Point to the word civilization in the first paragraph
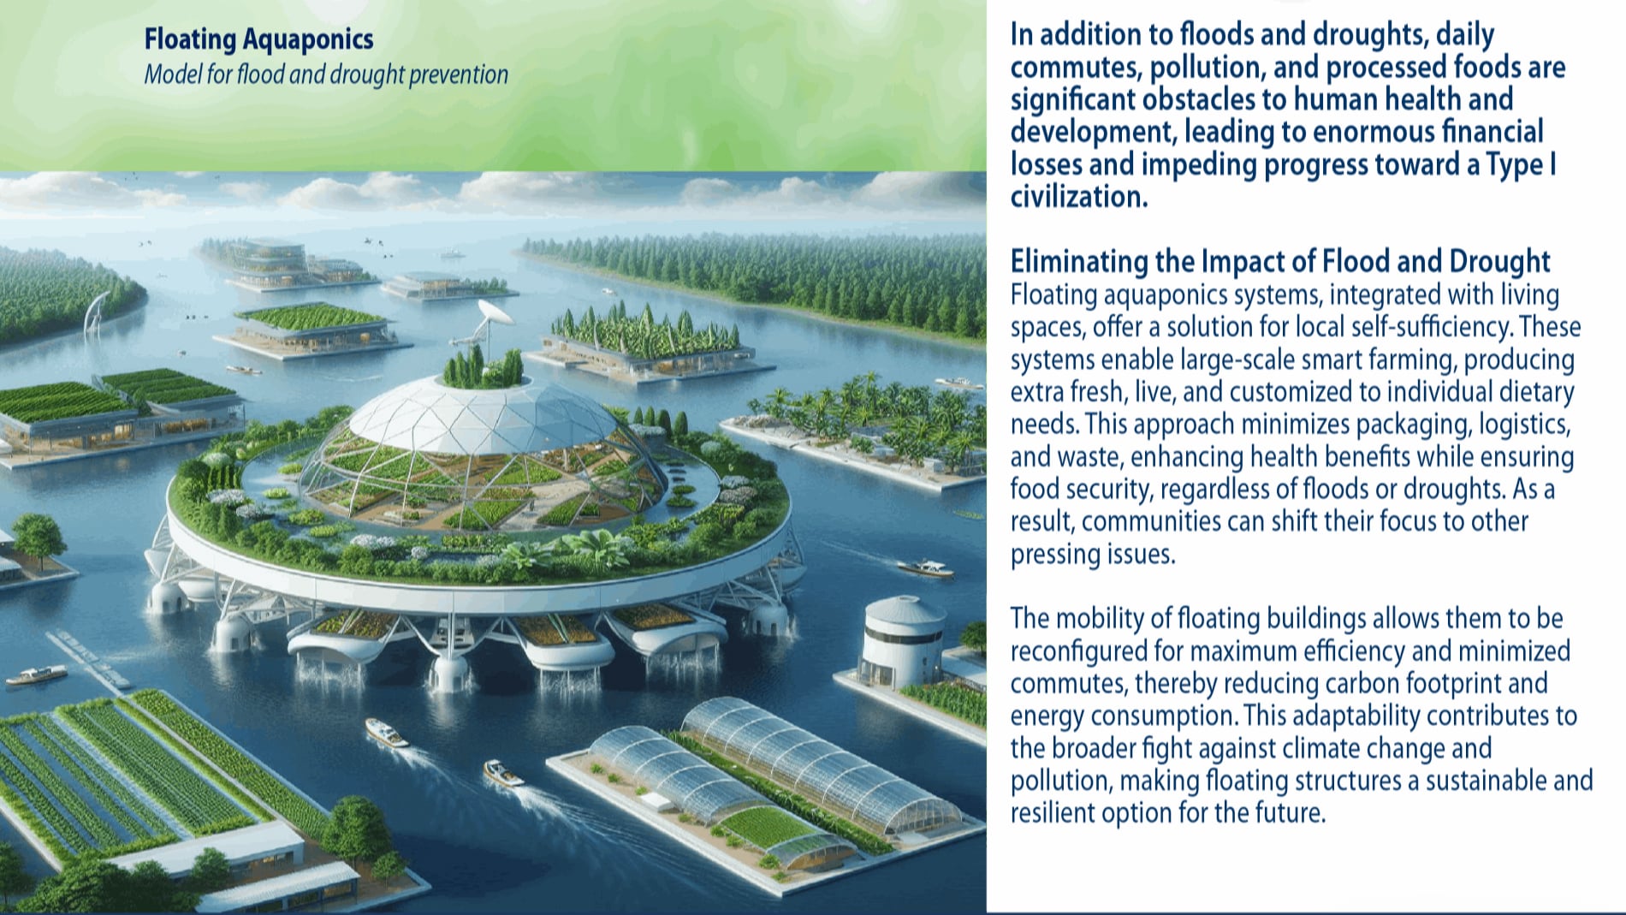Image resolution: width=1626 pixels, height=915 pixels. click(x=1078, y=197)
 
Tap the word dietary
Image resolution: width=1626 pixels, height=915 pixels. click(x=1536, y=392)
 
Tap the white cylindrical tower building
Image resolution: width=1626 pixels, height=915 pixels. click(x=904, y=639)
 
